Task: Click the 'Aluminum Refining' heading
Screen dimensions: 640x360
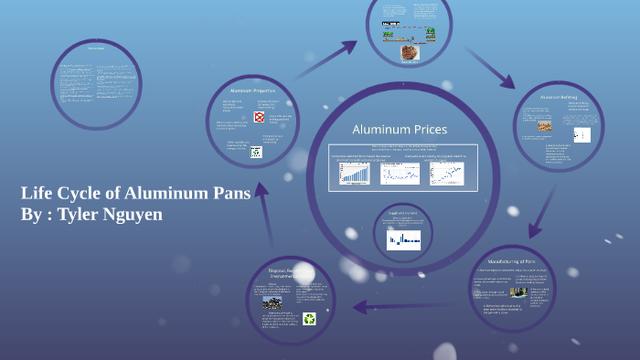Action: [558, 96]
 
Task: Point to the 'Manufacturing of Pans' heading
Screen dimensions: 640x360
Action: [517, 260]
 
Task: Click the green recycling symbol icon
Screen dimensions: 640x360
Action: [309, 320]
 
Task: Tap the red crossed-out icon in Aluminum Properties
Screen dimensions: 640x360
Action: [260, 118]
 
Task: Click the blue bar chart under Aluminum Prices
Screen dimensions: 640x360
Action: [353, 173]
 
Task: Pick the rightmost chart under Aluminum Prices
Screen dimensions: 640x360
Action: [446, 173]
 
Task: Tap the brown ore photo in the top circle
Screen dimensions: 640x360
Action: [409, 53]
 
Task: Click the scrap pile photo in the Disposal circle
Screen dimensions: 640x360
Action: [272, 302]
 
